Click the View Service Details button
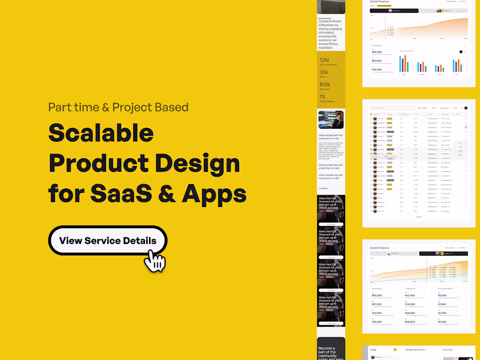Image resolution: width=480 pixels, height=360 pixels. pos(107,240)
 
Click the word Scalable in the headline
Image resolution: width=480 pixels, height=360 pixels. pos(101,133)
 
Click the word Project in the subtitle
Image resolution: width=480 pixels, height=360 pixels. pos(133,107)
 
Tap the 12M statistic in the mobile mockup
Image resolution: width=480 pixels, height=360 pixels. pos(324,60)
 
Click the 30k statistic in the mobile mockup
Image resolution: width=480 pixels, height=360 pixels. pos(324,72)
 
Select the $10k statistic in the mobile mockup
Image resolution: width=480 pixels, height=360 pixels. pos(325,84)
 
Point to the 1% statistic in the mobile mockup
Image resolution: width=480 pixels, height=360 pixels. pos(322,96)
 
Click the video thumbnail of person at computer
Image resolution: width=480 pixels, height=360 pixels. pos(331,120)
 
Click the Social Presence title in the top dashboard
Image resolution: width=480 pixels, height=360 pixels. pos(379,2)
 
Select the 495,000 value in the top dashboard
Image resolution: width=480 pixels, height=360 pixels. pos(377,52)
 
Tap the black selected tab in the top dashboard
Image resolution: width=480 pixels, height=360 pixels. pos(394,10)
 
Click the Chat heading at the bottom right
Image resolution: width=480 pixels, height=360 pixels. pos(374,350)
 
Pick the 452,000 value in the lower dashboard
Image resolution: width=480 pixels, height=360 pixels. pos(410,295)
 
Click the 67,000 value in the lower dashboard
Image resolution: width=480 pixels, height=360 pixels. pos(442,304)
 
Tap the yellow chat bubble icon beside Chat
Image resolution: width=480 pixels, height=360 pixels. pos(395,350)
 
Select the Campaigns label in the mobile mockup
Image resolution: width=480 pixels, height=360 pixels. pos(323,189)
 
